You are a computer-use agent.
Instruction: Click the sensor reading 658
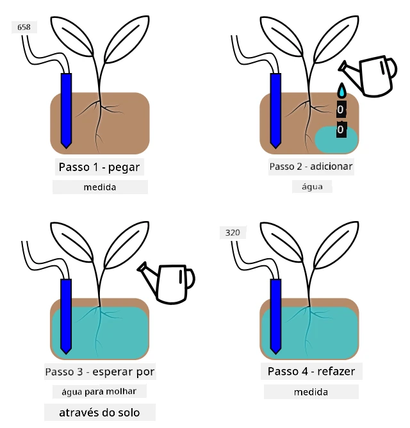pos(24,28)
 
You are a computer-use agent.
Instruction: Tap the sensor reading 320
pos(233,233)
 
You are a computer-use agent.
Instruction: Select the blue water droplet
pos(341,90)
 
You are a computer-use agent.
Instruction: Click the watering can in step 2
pos(368,76)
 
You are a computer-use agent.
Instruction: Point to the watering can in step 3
pos(166,283)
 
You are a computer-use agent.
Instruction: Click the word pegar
pos(124,167)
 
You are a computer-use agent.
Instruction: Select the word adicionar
pos(331,166)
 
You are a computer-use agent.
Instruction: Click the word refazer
pos(336,371)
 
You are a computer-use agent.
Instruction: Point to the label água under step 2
pos(312,186)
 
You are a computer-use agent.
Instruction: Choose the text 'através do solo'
pos(99,413)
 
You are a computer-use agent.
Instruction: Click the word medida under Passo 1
pos(100,187)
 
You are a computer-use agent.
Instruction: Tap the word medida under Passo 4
pos(311,392)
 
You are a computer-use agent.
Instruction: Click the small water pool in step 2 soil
pos(336,140)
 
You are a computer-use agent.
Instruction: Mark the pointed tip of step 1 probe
pos(66,149)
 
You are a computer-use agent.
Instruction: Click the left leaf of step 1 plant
pos(72,36)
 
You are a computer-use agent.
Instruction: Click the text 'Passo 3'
pos(64,372)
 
